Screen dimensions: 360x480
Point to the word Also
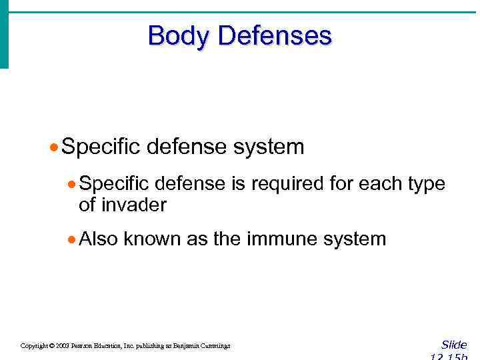pyautogui.click(x=98, y=239)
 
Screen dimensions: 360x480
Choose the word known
pyautogui.click(x=152, y=239)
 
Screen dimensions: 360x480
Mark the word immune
pyautogui.click(x=280, y=239)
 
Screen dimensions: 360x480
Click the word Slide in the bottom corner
pyautogui.click(x=454, y=345)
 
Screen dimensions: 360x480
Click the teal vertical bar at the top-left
pyautogui.click(x=4, y=33)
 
